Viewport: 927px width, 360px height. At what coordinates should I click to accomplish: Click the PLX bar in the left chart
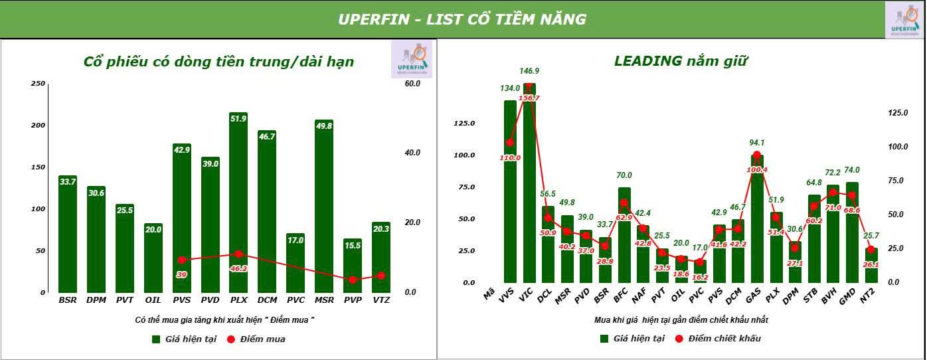(238, 206)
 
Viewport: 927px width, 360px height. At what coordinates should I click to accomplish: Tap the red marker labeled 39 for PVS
(181, 260)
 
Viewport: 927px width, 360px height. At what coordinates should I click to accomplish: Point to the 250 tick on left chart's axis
(38, 84)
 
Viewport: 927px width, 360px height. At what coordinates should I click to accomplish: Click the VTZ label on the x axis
(381, 300)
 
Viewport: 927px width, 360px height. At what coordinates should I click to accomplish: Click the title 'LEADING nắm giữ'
(681, 62)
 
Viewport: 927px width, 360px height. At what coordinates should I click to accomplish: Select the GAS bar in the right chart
(756, 219)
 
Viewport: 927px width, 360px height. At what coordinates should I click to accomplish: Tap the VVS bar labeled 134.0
(510, 193)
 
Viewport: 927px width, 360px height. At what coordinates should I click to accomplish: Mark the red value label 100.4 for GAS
(756, 169)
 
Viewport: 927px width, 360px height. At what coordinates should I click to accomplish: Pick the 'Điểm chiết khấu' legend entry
(717, 339)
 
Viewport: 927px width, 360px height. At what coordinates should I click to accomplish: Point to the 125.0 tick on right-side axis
(897, 113)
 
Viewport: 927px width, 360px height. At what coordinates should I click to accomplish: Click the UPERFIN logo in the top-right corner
(905, 20)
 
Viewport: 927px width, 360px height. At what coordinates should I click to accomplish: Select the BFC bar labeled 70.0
(624, 236)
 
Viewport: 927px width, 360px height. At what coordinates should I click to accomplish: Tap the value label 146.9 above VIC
(529, 71)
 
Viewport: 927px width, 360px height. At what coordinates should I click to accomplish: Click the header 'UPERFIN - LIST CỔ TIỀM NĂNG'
(462, 19)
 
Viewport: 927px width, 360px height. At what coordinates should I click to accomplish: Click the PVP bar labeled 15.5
(353, 266)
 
